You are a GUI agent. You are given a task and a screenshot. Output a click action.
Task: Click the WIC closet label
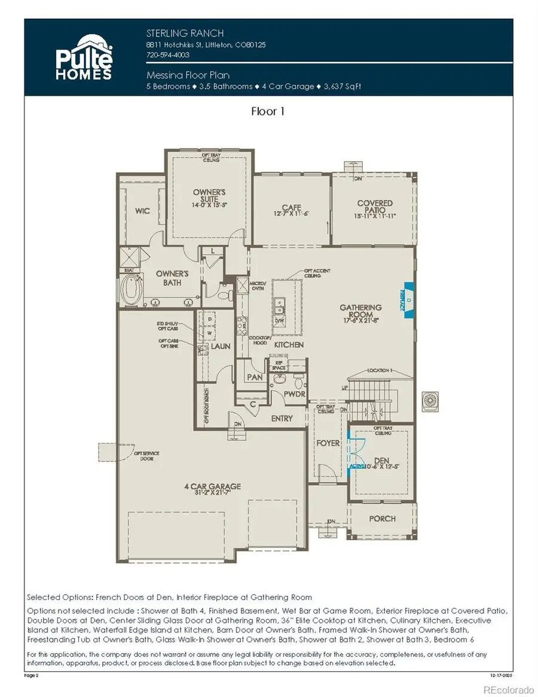pos(142,212)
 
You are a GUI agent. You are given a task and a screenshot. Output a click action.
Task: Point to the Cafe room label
pos(291,208)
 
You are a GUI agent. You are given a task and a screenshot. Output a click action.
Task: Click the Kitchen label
pos(289,345)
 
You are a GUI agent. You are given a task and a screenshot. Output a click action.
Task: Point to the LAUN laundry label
pos(220,346)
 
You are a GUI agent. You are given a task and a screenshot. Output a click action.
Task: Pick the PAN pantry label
pos(253,378)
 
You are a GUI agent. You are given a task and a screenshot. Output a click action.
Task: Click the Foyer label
pos(328,443)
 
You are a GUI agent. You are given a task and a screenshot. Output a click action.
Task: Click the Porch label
pos(381,518)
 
